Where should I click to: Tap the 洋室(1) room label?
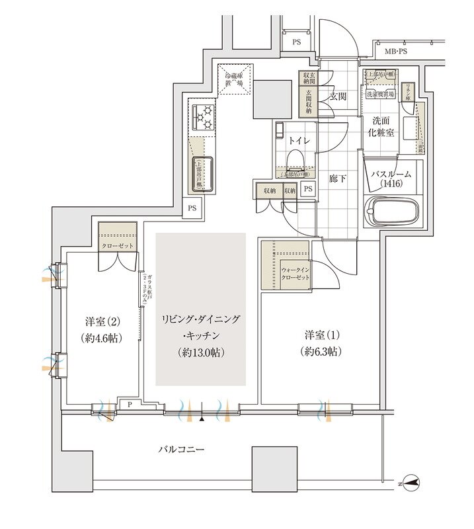(x=321, y=335)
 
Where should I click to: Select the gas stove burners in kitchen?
(x=202, y=117)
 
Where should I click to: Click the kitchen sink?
(x=203, y=173)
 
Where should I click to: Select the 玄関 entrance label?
(x=338, y=97)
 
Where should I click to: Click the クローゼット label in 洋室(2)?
(x=118, y=246)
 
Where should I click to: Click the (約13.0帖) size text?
(x=201, y=352)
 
